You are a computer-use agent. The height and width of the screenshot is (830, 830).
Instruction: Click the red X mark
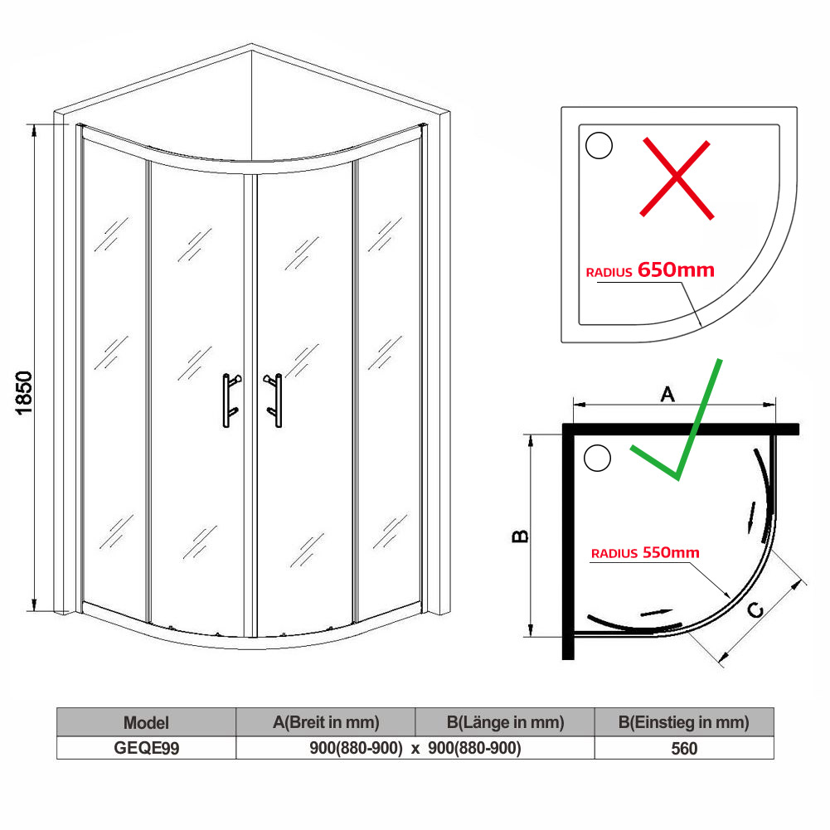point(677,179)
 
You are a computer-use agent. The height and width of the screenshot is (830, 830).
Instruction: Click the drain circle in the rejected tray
point(599,145)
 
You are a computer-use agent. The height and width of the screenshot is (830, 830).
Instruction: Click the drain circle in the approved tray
point(597,458)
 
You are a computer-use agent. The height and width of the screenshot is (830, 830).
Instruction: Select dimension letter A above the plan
point(667,396)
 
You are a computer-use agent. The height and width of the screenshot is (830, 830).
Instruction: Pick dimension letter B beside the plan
point(520,537)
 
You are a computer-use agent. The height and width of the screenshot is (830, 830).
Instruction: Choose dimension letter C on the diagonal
point(755,611)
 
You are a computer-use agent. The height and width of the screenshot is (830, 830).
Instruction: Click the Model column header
point(146,722)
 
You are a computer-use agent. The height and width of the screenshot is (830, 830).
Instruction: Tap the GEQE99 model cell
point(146,748)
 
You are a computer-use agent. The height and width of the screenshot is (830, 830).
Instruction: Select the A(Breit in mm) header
point(326,722)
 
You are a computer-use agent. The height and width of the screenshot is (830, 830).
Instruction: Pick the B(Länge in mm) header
point(505,722)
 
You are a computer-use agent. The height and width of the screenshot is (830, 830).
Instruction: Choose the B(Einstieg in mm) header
point(684,722)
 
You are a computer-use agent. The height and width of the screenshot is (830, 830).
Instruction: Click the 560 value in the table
point(684,748)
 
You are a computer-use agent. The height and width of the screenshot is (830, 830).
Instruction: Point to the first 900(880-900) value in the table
point(356,748)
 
